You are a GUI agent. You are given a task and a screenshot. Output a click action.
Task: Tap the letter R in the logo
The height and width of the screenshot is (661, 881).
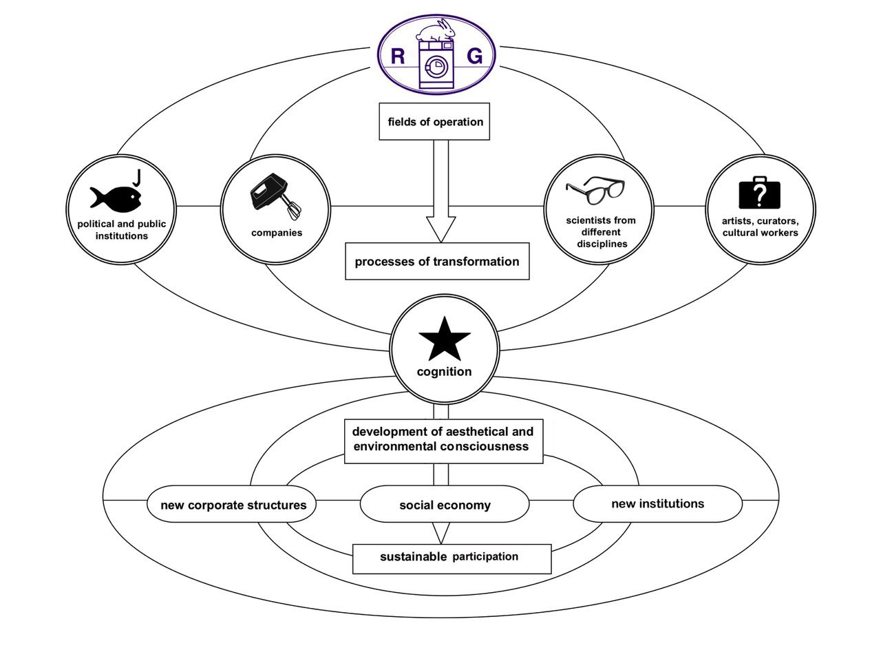398,56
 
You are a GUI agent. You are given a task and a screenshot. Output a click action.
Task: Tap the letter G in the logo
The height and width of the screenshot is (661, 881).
474,56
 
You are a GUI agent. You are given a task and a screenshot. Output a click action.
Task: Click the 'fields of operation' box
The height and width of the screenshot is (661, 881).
434,122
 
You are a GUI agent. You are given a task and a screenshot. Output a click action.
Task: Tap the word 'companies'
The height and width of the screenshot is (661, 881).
276,233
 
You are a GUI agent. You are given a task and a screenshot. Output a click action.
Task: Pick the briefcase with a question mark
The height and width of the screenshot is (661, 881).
761,193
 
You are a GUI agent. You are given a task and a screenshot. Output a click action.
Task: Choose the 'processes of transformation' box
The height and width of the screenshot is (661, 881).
437,262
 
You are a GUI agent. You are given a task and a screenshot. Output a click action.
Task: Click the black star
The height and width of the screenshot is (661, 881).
445,339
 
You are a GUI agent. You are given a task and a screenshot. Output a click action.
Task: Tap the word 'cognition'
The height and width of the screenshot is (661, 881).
445,372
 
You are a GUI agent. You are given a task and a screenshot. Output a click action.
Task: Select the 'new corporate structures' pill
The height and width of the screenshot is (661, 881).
233,505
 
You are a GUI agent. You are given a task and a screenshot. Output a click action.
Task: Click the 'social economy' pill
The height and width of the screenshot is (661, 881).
445,505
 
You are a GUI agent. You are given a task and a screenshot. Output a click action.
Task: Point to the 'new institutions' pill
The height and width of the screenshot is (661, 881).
657,504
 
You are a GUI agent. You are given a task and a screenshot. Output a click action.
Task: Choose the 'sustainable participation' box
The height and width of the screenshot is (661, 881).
452,557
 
